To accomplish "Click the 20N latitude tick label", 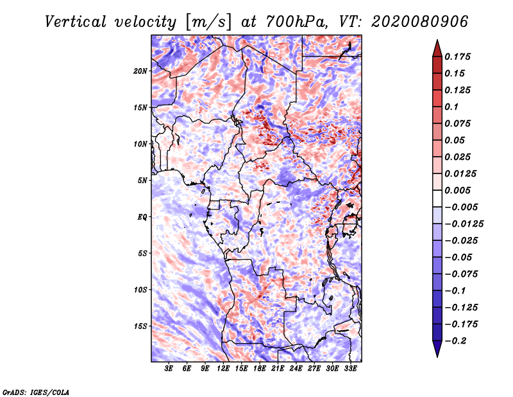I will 140,71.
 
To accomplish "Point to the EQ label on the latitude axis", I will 142,217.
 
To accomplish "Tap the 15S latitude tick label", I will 140,326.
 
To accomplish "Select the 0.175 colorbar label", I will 458,57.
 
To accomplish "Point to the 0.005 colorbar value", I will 458,190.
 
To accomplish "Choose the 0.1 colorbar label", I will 452,107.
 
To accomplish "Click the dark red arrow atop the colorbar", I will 437,48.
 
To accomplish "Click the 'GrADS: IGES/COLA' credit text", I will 35,391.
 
